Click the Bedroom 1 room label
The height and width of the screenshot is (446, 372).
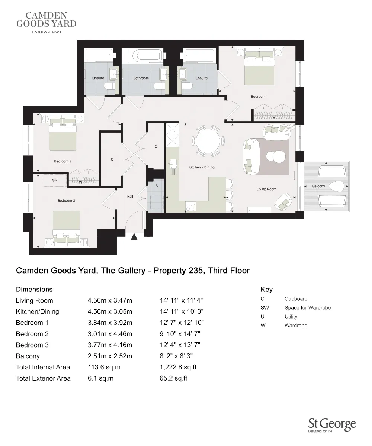(259, 97)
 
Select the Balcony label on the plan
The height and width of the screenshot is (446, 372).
(318, 186)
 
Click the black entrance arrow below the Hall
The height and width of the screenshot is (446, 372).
(134, 236)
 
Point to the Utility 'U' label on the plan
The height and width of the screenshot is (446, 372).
(157, 185)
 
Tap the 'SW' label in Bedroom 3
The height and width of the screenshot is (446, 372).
(54, 180)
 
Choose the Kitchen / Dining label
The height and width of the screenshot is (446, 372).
(202, 167)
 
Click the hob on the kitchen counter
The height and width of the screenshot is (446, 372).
(191, 206)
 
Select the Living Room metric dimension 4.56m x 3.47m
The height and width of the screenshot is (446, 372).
(110, 301)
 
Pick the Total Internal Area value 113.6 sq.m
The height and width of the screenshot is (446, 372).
(104, 367)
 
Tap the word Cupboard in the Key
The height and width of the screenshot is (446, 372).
(296, 299)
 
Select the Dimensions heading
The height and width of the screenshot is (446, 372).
(34, 290)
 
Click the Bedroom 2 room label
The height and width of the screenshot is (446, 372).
(62, 161)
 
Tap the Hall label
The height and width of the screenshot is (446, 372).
(130, 197)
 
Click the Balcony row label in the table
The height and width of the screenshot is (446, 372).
(28, 356)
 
